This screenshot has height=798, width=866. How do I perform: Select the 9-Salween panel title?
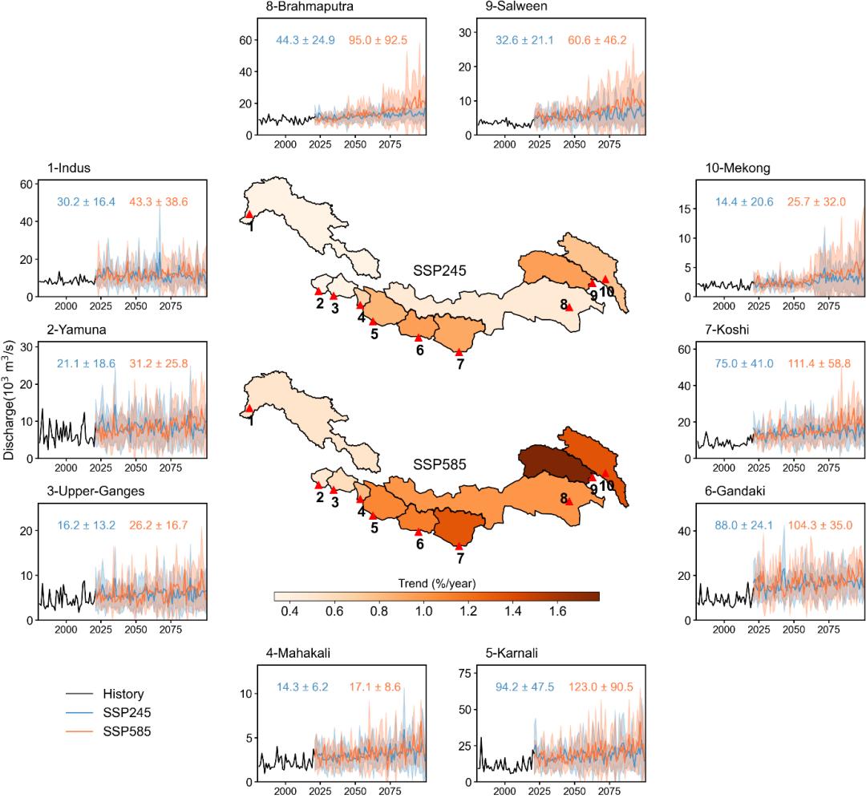click(510, 6)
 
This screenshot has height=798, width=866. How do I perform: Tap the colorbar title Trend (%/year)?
click(437, 583)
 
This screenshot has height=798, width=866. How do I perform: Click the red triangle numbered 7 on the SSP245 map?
click(459, 352)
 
